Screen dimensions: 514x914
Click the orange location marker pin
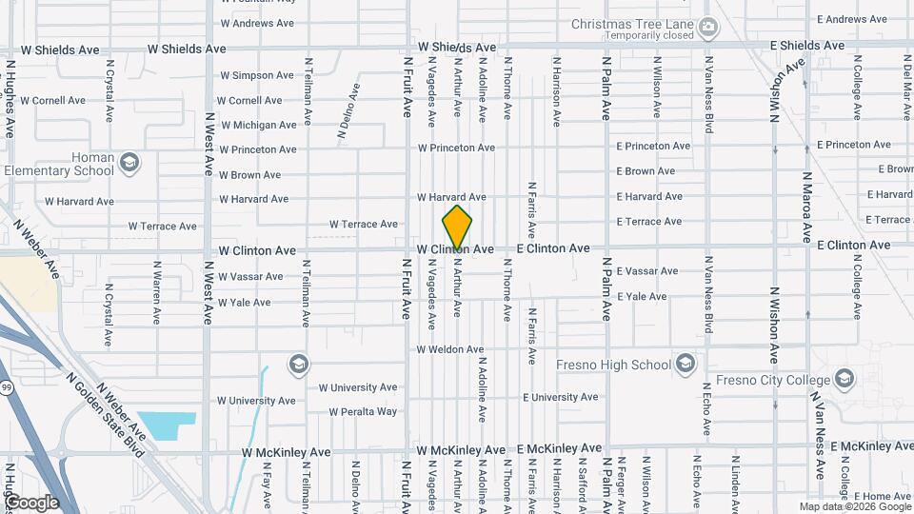click(457, 227)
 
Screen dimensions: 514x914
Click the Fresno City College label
click(782, 381)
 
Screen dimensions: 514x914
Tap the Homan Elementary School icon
click(129, 165)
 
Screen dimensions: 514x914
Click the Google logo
click(31, 503)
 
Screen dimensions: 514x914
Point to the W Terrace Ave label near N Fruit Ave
click(364, 225)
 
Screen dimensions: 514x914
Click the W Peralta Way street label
click(363, 412)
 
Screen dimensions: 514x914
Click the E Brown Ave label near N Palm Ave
click(646, 171)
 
